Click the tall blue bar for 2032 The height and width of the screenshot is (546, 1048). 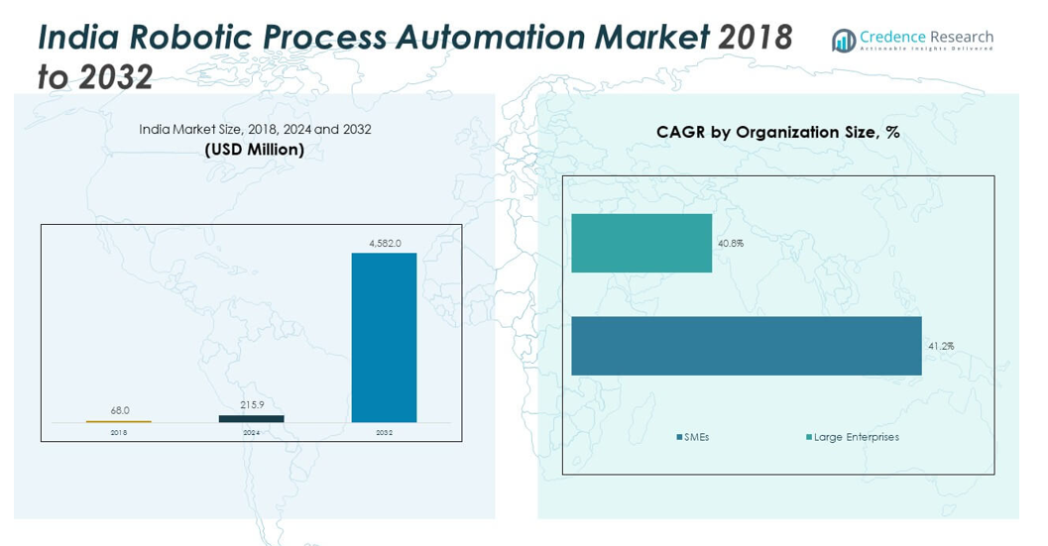(384, 337)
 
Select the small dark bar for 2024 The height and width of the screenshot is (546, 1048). (251, 418)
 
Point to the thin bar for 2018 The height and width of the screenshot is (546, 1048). (118, 421)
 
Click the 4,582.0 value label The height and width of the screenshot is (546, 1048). (385, 243)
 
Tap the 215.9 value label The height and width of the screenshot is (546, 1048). (251, 404)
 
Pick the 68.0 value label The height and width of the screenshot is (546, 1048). (119, 410)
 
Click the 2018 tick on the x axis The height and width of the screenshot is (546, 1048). (118, 432)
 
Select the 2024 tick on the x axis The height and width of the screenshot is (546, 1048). (251, 432)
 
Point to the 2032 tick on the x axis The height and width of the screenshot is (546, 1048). (384, 432)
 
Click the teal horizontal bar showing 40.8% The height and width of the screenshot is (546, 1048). (641, 243)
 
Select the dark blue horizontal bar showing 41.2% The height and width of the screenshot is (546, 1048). (746, 346)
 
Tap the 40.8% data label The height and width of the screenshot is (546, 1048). (731, 243)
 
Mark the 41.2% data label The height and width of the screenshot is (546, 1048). (940, 346)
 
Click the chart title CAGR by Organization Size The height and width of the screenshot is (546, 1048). (777, 132)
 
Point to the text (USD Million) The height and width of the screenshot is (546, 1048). (254, 150)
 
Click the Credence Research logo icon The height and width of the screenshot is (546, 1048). (844, 41)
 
